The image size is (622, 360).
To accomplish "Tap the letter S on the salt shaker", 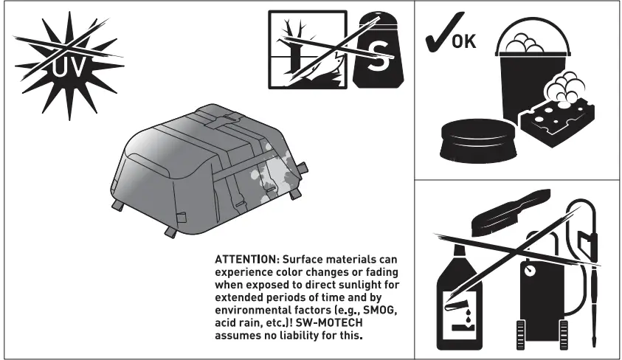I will pyautogui.click(x=379, y=59).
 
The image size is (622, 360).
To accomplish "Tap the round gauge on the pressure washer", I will pyautogui.click(x=530, y=271).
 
